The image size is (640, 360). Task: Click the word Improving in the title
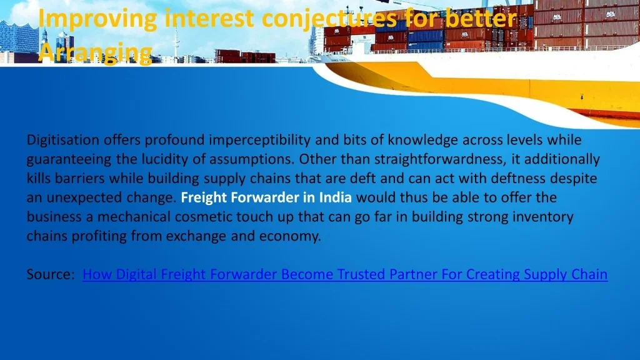(97, 19)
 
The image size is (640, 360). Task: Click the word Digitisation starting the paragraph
(63, 140)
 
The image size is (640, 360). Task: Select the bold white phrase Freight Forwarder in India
(266, 197)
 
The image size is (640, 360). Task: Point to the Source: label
(51, 274)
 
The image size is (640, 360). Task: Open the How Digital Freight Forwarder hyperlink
(345, 274)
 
